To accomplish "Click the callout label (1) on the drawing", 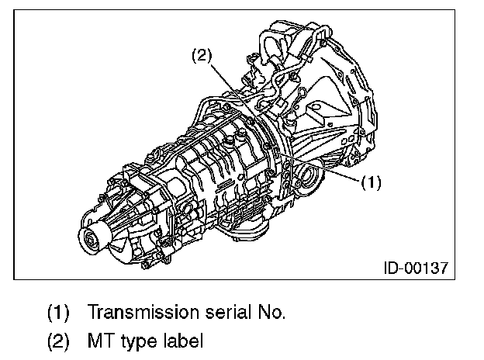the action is pyautogui.click(x=371, y=183).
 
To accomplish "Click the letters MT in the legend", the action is pyautogui.click(x=100, y=340).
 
